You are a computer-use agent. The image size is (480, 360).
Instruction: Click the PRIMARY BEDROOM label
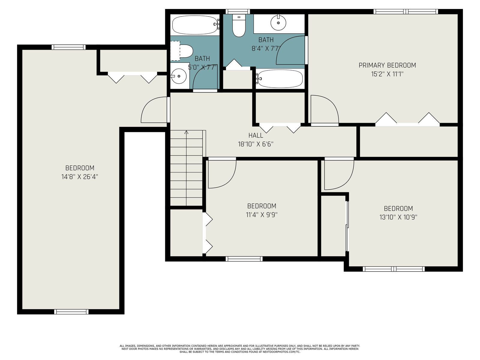point(387,65)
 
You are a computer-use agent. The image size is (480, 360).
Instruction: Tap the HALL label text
point(256,136)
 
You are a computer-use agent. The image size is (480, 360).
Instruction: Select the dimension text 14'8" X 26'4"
point(79,177)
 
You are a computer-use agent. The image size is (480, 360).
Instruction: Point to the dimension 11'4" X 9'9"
point(262,215)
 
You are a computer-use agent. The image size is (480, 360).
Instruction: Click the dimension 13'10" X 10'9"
point(398,217)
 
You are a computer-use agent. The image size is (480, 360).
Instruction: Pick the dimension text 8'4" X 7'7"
point(266,49)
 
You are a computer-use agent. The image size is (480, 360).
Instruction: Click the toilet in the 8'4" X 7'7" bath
point(239,25)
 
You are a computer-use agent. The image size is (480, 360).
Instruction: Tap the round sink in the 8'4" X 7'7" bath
point(278,22)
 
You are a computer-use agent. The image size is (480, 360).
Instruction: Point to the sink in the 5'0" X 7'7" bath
point(179,76)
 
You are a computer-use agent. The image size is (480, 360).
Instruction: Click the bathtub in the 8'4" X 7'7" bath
point(279,79)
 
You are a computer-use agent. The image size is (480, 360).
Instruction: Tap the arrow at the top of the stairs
point(186,132)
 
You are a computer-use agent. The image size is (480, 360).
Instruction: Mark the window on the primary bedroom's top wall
point(406,12)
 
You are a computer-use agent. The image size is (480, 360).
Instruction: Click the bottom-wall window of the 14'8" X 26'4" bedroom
point(71,312)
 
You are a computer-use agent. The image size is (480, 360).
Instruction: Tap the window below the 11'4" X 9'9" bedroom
point(244,259)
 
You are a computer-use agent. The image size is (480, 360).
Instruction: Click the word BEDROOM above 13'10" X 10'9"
point(398,208)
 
